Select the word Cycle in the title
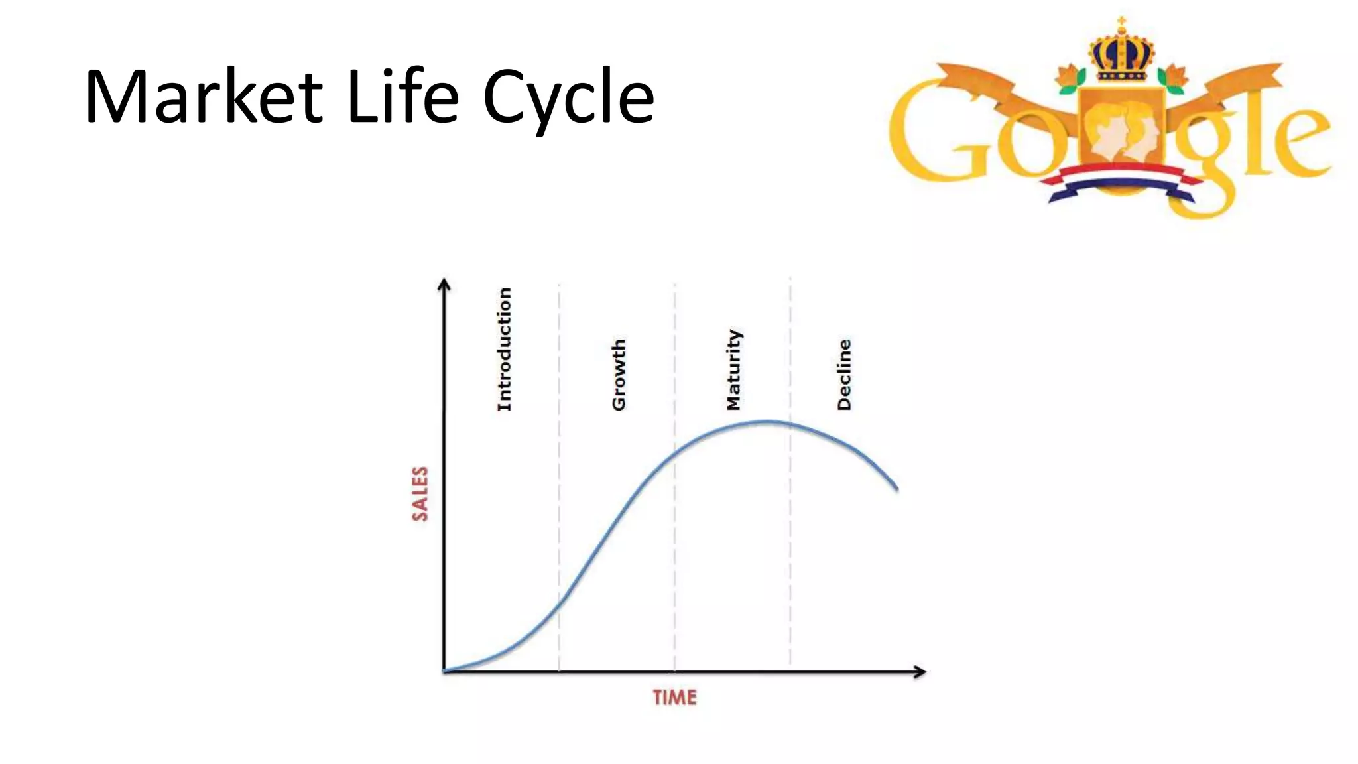(568, 99)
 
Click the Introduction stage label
(505, 349)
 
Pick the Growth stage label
(618, 375)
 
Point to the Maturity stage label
(733, 369)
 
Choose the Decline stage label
(843, 375)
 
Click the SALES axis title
(420, 493)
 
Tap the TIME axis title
(674, 698)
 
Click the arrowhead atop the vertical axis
(444, 285)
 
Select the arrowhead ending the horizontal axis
(920, 672)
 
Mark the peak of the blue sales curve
(767, 421)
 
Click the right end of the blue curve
(896, 489)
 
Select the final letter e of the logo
(1296, 143)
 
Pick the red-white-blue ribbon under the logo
(1121, 182)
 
